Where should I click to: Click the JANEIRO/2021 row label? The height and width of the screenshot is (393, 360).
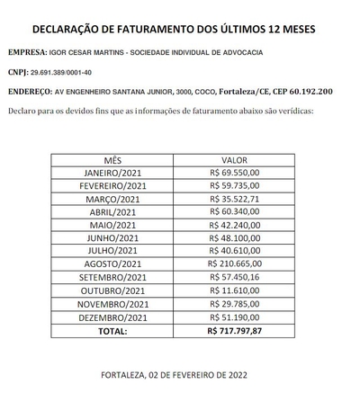click(112, 171)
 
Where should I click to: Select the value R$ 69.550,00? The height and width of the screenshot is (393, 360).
click(234, 171)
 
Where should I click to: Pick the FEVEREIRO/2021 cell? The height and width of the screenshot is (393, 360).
click(112, 184)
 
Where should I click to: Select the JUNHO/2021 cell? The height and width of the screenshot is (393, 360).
click(112, 237)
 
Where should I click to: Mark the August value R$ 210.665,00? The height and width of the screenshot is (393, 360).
click(234, 264)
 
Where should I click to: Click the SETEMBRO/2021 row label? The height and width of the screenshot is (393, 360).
click(112, 278)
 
